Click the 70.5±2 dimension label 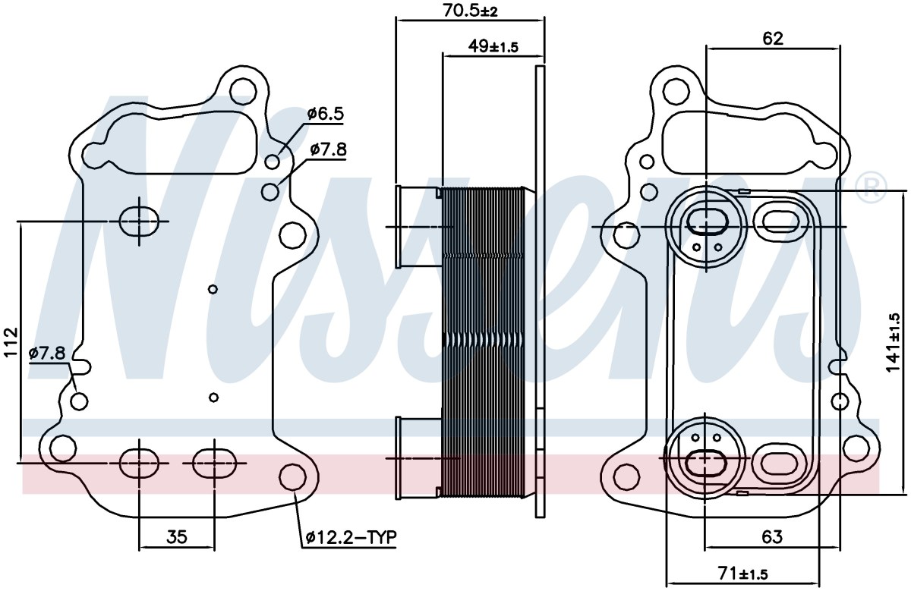[x=470, y=10]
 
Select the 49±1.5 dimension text [x=493, y=46]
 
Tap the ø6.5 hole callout [x=326, y=113]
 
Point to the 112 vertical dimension [x=11, y=342]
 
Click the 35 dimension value [x=177, y=537]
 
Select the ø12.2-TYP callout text [x=351, y=537]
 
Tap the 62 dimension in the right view [x=773, y=39]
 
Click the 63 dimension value [x=772, y=537]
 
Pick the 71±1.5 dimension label [x=743, y=574]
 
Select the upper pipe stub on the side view [x=419, y=226]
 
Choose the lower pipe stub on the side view [x=419, y=458]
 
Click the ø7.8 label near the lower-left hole [x=47, y=353]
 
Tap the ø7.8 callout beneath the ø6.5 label [x=328, y=149]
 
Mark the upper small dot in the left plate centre [x=213, y=289]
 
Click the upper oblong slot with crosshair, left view [x=139, y=222]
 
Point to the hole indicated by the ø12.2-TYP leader [x=292, y=476]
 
